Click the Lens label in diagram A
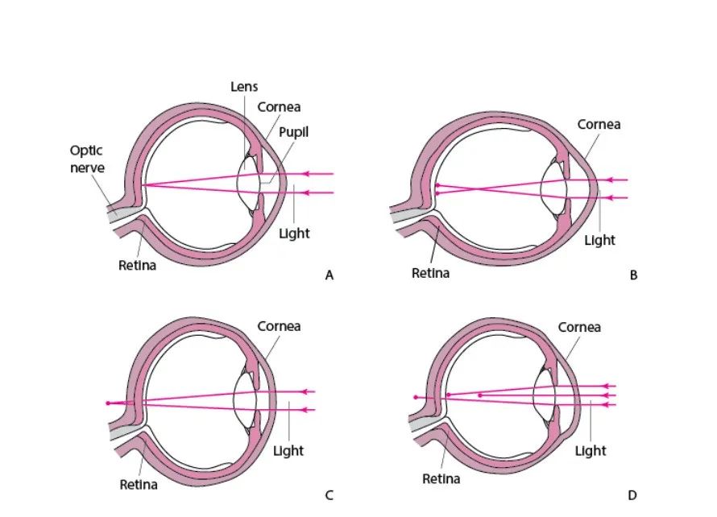tap(244, 86)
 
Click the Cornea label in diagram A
tap(280, 107)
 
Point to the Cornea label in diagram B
tap(599, 125)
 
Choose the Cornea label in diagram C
tap(279, 326)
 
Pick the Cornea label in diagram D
tap(579, 328)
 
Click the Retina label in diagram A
tap(138, 266)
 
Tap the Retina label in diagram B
tap(431, 273)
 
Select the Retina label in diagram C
tap(139, 484)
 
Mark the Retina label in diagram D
tap(441, 479)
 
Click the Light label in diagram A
tap(294, 234)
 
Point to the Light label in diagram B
tap(600, 240)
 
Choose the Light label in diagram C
tap(288, 450)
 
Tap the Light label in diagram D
tap(591, 450)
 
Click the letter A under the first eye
tap(329, 275)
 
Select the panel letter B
tap(633, 275)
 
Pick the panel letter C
tap(329, 495)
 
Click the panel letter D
tap(633, 495)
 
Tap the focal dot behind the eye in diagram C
tap(108, 402)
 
